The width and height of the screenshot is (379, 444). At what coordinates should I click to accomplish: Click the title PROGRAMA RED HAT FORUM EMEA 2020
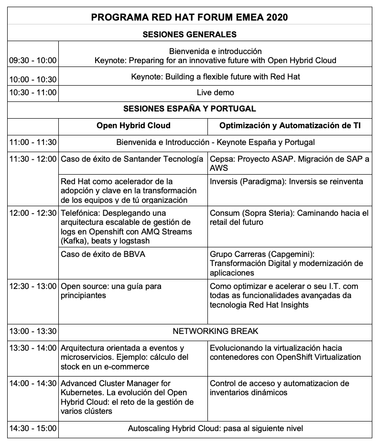point(189,18)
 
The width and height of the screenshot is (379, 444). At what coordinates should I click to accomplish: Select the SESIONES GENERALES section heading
point(189,34)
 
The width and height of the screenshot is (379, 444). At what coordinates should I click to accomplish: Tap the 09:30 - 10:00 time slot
point(32,61)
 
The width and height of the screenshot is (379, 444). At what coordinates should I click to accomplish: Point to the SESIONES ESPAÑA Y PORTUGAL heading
point(189,109)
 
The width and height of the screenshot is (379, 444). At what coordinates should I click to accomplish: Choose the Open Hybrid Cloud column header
point(133,125)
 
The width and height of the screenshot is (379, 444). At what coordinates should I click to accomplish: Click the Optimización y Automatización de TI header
point(290,125)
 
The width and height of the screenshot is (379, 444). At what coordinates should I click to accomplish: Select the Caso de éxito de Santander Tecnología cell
point(132,159)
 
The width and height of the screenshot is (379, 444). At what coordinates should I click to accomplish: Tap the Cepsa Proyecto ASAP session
point(290,163)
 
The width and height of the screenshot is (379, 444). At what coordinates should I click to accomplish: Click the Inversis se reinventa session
point(286,181)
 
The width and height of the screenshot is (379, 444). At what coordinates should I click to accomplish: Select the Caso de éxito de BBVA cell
point(103,254)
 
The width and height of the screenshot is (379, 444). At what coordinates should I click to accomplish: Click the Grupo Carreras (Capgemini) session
point(286,263)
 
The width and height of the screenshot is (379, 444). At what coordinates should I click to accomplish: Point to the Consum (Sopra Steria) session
point(289,217)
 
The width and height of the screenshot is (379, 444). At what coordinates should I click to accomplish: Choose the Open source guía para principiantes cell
point(111,290)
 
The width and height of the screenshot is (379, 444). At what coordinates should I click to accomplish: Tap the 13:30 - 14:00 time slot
point(32,348)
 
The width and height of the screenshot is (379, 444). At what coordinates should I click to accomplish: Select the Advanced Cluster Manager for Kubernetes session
point(127,397)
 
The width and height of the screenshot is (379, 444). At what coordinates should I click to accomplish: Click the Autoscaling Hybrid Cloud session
point(215,428)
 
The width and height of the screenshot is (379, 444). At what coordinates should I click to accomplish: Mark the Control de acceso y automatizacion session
point(279,388)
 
